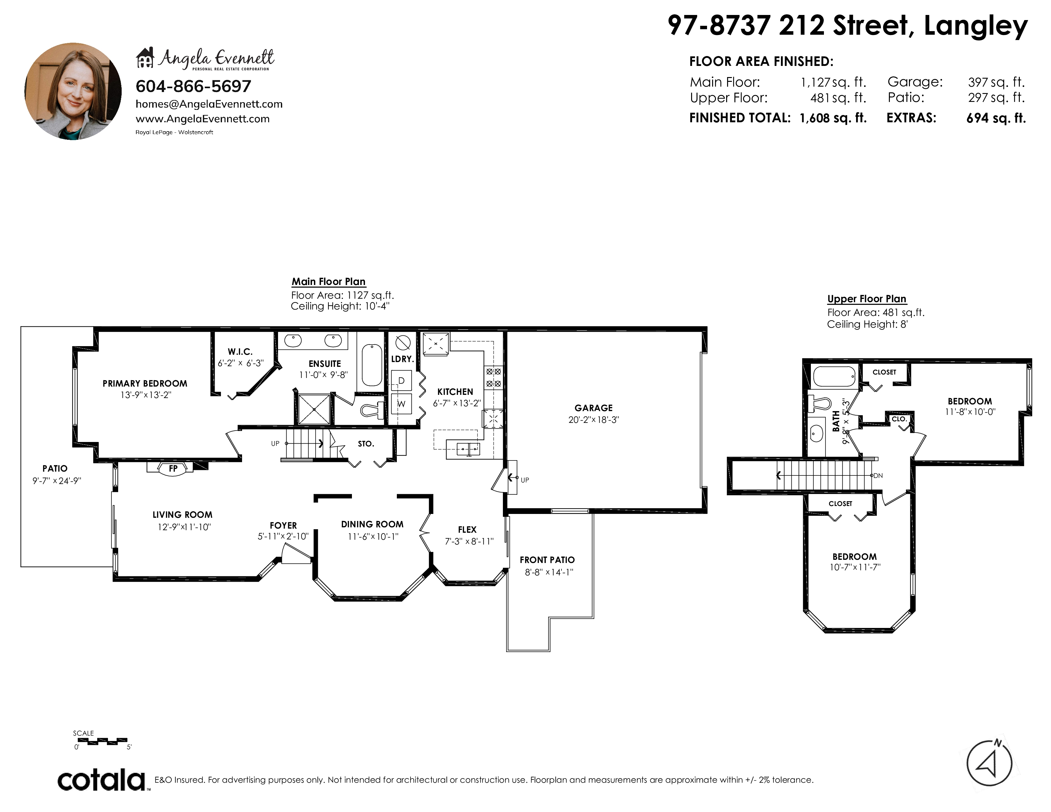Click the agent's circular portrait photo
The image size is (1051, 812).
(73, 91)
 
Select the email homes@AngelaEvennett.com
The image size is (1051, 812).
(209, 104)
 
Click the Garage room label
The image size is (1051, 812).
(593, 408)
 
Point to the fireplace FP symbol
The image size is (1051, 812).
(173, 468)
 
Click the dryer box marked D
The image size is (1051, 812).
(401, 381)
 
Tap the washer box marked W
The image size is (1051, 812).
(401, 403)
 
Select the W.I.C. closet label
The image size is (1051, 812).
(240, 352)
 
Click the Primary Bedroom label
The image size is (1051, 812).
(145, 383)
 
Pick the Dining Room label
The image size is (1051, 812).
(372, 524)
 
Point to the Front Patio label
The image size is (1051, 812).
(547, 560)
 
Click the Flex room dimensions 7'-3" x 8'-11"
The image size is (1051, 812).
(469, 541)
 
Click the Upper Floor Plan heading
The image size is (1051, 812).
(867, 299)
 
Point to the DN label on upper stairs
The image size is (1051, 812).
(878, 476)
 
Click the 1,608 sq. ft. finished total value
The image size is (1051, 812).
(833, 118)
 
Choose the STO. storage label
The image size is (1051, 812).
(366, 444)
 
